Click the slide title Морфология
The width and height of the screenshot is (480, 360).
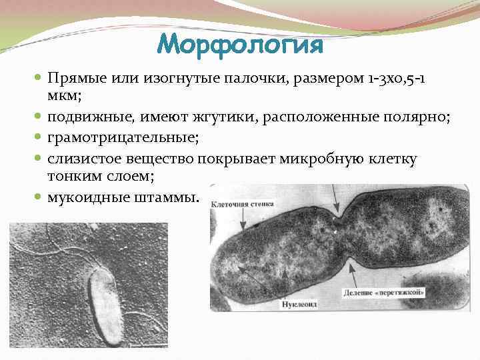(240, 45)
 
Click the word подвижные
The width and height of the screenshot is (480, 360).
(88, 117)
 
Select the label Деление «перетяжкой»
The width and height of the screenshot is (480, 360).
(385, 293)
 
